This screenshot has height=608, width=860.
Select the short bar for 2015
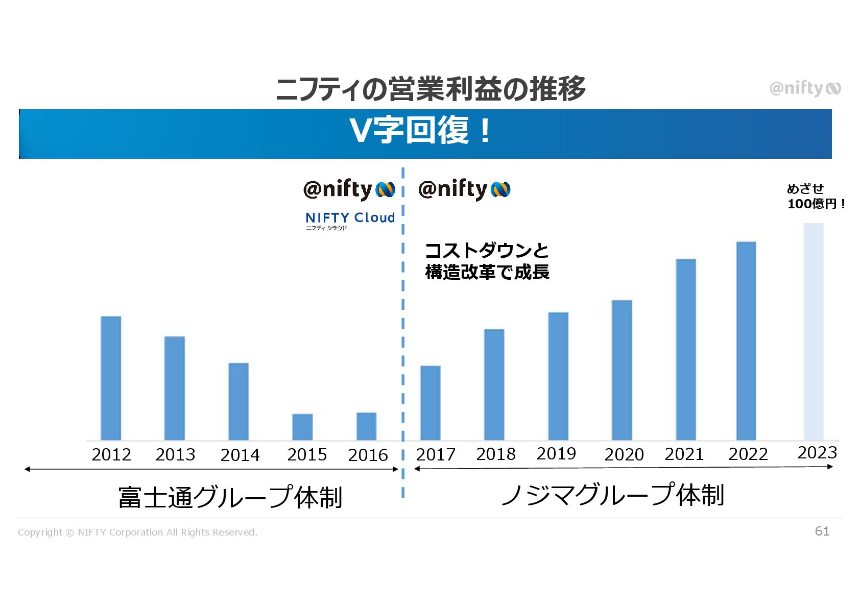click(302, 427)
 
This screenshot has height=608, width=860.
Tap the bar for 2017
click(430, 403)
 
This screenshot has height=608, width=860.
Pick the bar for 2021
click(685, 349)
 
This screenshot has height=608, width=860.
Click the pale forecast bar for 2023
click(814, 331)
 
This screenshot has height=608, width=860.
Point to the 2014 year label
click(240, 455)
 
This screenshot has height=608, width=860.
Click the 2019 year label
click(556, 453)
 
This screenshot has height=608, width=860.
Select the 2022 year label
click(748, 454)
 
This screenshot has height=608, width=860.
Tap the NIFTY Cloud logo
click(350, 221)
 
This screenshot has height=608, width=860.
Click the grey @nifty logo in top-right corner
click(805, 89)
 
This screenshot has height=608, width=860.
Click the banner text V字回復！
click(420, 131)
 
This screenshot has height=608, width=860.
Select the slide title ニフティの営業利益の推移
click(431, 89)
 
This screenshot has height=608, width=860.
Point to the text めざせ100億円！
click(816, 197)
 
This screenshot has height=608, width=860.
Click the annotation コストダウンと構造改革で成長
click(487, 261)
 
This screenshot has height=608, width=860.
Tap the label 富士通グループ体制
click(230, 497)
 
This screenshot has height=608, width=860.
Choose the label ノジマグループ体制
click(612, 495)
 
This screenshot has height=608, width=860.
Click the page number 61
click(822, 531)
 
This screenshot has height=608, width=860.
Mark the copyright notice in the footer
click(137, 532)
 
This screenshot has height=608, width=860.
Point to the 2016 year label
click(368, 455)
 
